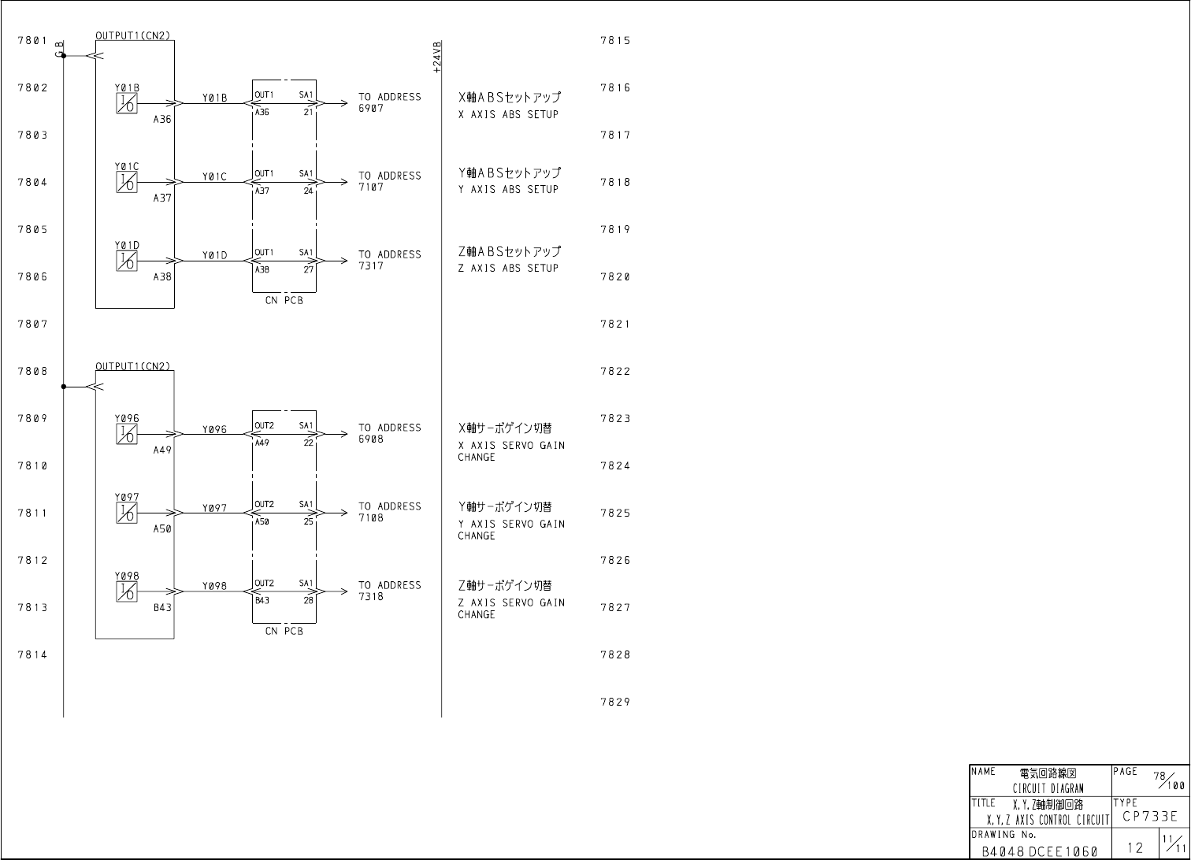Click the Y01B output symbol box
[x=126, y=103]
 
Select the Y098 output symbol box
[x=126, y=591]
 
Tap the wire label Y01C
[x=214, y=177]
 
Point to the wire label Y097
[x=214, y=508]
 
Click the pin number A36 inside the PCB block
[x=262, y=112]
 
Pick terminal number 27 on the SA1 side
[x=309, y=269]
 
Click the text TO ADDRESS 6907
[x=389, y=102]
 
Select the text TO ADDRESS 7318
[x=389, y=591]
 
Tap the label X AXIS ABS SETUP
[x=508, y=114]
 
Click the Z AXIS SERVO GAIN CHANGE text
[x=510, y=608]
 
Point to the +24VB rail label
[x=437, y=57]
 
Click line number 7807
[x=32, y=324]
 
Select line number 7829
[x=615, y=702]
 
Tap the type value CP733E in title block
[x=1150, y=817]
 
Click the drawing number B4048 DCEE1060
[x=1039, y=851]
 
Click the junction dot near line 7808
[x=64, y=387]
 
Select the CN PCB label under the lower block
[x=284, y=631]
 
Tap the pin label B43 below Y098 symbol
[x=162, y=608]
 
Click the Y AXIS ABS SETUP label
[x=508, y=189]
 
